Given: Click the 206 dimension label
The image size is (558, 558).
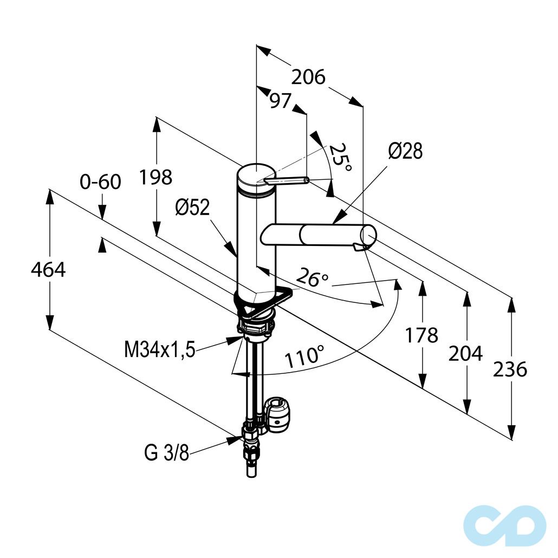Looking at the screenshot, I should [x=308, y=77].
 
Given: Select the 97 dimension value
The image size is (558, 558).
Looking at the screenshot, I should [x=281, y=101].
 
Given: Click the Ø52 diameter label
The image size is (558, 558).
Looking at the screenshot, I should [x=192, y=207].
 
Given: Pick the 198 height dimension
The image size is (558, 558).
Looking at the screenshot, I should [x=155, y=177].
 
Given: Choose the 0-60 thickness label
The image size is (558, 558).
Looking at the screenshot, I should [x=100, y=182].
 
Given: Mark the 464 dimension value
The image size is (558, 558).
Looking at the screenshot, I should [x=48, y=269].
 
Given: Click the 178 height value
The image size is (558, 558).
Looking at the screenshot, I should [x=421, y=335].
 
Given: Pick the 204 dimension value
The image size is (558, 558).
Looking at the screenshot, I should [x=465, y=354].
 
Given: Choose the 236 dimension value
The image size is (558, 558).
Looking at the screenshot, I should [x=510, y=369].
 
